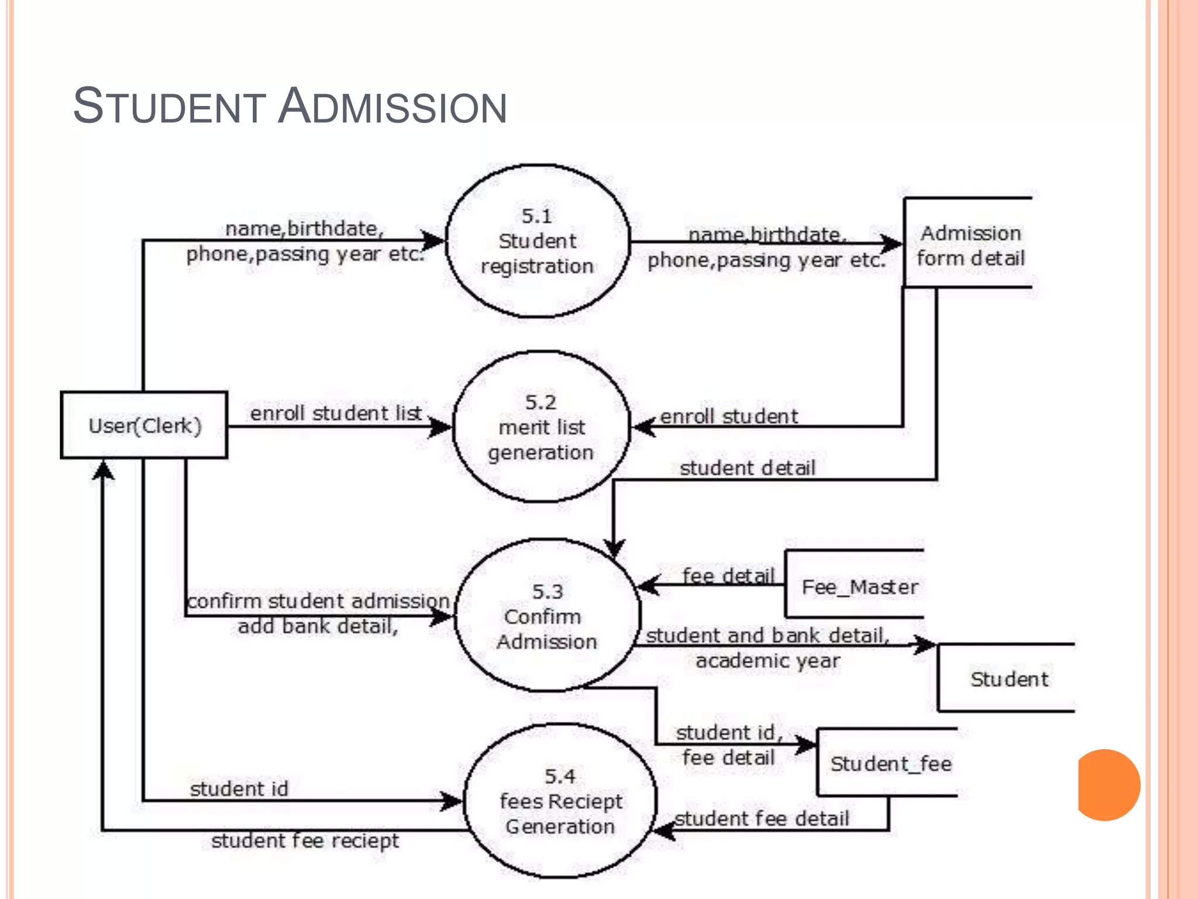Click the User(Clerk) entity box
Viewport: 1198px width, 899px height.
(x=144, y=425)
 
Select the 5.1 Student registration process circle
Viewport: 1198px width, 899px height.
(x=537, y=241)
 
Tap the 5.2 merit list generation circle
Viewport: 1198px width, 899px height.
(x=541, y=427)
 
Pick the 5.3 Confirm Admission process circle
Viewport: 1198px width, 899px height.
(x=547, y=616)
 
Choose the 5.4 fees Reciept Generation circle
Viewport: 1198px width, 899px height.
(x=560, y=801)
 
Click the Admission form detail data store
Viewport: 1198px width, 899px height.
(x=970, y=245)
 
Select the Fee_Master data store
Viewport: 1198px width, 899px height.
(x=859, y=586)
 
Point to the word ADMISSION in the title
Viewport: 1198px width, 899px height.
(x=393, y=107)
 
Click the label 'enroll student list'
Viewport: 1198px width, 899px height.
(x=336, y=413)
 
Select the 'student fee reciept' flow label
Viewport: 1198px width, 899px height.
(x=305, y=840)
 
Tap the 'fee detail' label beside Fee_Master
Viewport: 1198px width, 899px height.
(x=728, y=576)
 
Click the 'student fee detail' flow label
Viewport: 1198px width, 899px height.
(x=762, y=818)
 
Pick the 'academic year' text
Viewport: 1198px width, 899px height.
(x=767, y=661)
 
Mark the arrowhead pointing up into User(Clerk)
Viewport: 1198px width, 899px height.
(x=103, y=470)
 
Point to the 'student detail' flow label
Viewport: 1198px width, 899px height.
(x=747, y=468)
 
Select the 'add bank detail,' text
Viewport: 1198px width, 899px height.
(x=318, y=626)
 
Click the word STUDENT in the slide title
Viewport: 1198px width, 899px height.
(x=170, y=107)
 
